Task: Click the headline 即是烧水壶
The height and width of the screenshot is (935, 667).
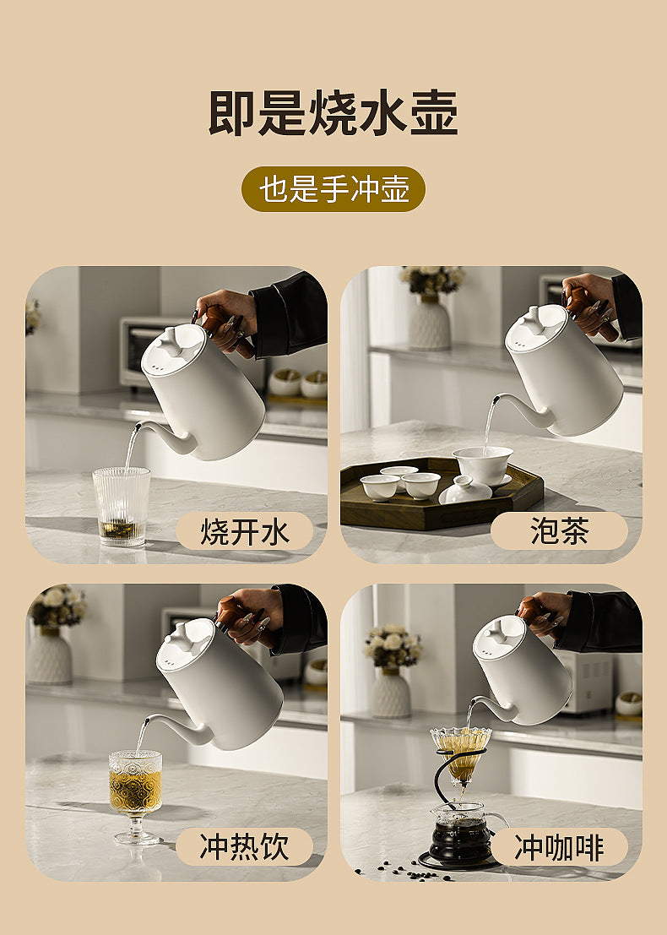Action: pyautogui.click(x=333, y=112)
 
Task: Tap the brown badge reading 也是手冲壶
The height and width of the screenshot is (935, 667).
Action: pyautogui.click(x=333, y=189)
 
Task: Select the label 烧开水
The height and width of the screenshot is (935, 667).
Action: pyautogui.click(x=244, y=530)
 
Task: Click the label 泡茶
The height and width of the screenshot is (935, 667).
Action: pyautogui.click(x=559, y=530)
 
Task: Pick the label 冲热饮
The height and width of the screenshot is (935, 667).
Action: pyautogui.click(x=244, y=847)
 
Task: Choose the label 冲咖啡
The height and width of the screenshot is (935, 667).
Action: pyautogui.click(x=559, y=847)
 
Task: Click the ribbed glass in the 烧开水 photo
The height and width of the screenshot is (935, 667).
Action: pyautogui.click(x=122, y=506)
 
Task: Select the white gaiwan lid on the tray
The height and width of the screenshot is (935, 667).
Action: pyautogui.click(x=466, y=490)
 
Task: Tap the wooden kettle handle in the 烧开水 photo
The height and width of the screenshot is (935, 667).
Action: pyautogui.click(x=222, y=329)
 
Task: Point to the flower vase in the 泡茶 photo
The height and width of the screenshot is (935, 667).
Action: pyautogui.click(x=429, y=322)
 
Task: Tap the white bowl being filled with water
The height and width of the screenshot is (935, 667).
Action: pyautogui.click(x=483, y=465)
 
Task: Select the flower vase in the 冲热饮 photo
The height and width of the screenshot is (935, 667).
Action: pyautogui.click(x=50, y=656)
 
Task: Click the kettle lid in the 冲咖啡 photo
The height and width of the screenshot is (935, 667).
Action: pyautogui.click(x=501, y=636)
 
